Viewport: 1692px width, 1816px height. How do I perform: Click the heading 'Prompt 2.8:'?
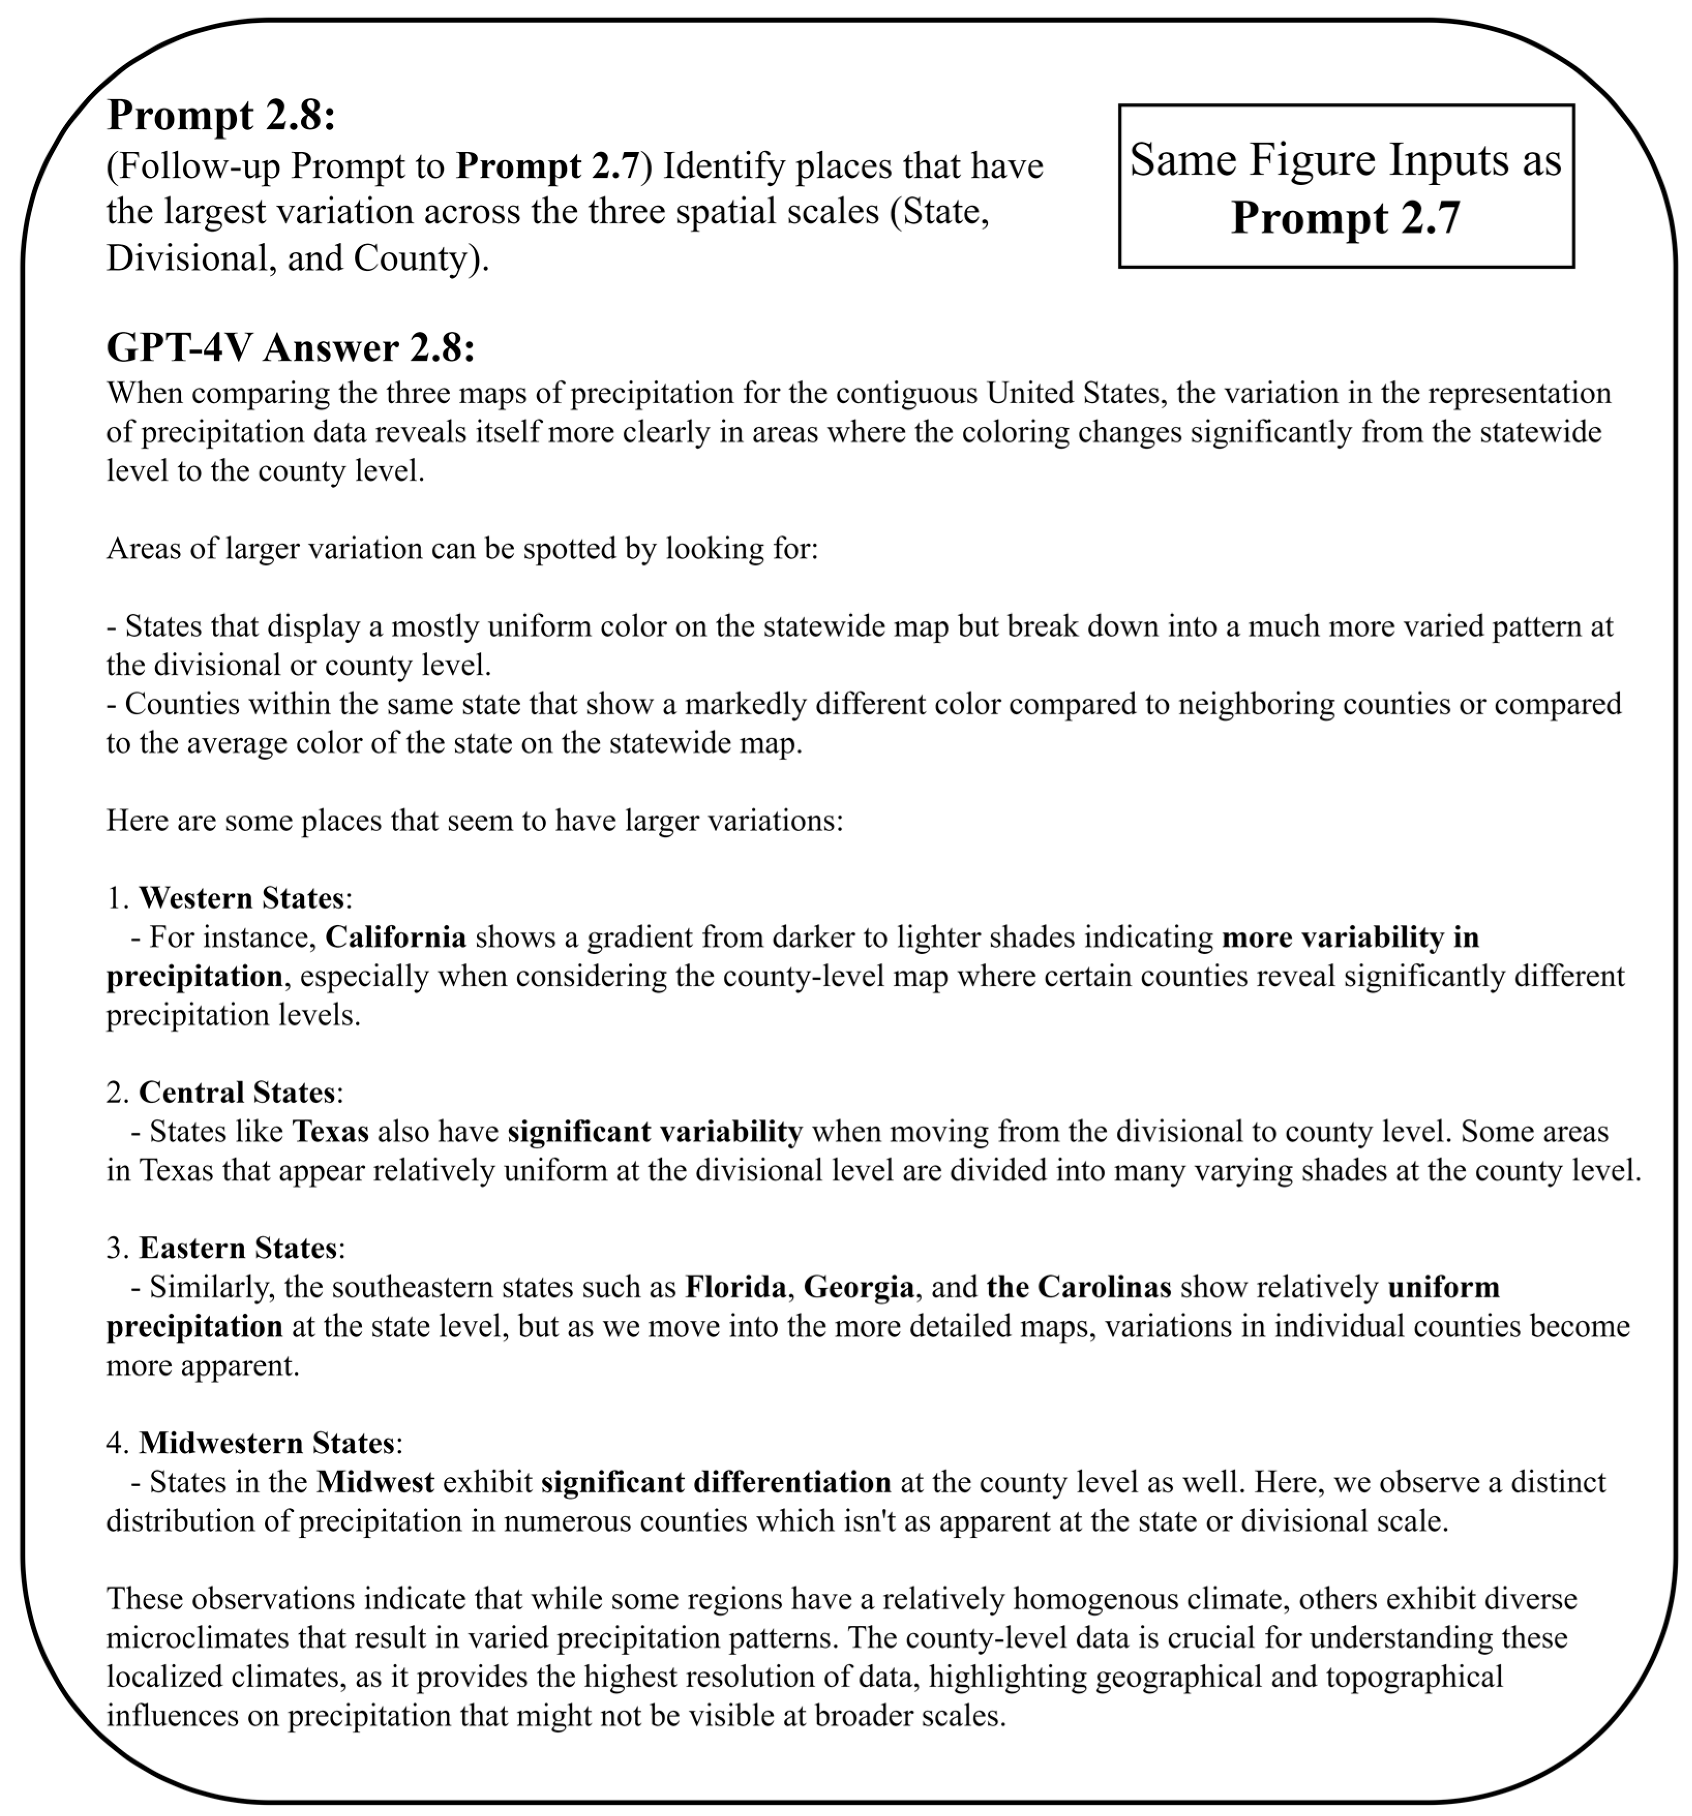(x=221, y=115)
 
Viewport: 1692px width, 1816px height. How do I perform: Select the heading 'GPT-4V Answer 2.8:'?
(x=291, y=348)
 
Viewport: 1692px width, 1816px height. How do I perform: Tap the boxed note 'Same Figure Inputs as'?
(x=1345, y=160)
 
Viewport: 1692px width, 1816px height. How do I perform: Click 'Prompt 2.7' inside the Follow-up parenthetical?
(x=547, y=166)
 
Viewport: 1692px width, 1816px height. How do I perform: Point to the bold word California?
(x=396, y=937)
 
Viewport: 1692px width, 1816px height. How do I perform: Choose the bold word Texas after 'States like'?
(x=330, y=1132)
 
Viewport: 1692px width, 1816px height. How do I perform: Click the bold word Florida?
(x=734, y=1287)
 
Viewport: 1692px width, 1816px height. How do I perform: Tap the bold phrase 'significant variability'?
(x=654, y=1132)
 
